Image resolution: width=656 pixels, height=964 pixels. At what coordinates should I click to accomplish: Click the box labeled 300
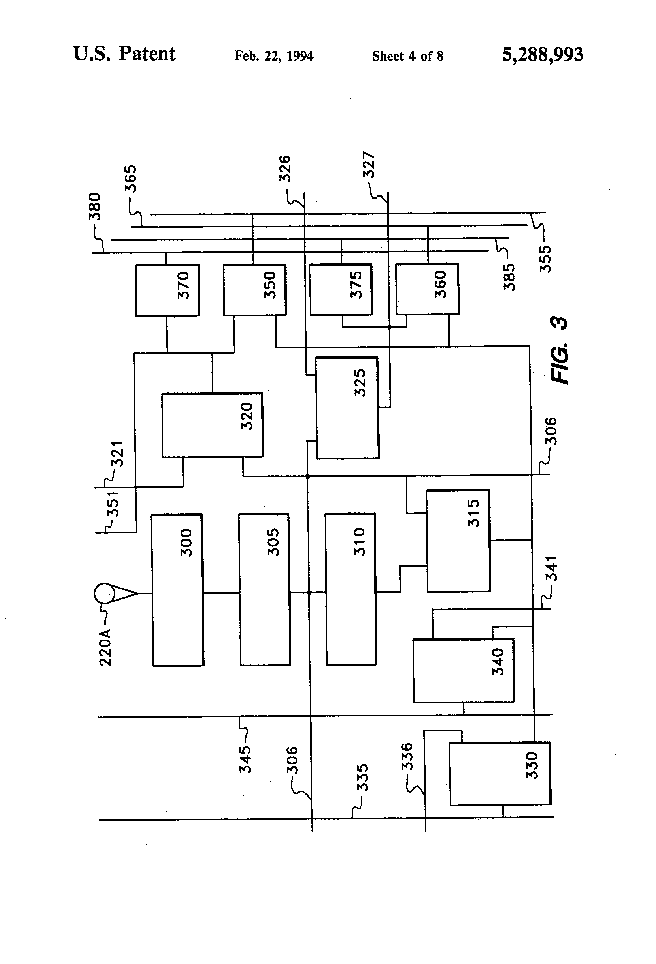178,590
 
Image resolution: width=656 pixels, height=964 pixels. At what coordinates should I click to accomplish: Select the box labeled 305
265,589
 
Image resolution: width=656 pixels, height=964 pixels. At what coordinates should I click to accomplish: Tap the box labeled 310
351,589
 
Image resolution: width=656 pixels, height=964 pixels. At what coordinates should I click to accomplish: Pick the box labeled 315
458,541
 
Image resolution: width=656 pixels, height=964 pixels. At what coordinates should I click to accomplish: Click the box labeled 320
212,425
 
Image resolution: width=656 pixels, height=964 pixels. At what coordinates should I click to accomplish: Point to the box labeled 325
348,408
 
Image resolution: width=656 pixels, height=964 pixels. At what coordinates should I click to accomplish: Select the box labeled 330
500,774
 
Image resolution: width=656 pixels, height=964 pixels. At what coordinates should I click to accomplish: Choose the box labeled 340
464,671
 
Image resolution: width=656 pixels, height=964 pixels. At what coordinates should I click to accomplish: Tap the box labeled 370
167,290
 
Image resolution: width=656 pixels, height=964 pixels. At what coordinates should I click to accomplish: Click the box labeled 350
254,290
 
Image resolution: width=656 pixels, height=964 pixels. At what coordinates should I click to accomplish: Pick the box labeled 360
427,289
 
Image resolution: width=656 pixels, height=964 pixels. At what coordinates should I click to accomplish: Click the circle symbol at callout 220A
105,593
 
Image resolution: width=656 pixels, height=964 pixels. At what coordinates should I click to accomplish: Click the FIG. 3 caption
559,350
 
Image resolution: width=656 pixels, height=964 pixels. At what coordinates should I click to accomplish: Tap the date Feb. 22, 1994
274,56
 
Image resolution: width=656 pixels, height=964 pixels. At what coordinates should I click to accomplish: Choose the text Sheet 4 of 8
408,56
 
